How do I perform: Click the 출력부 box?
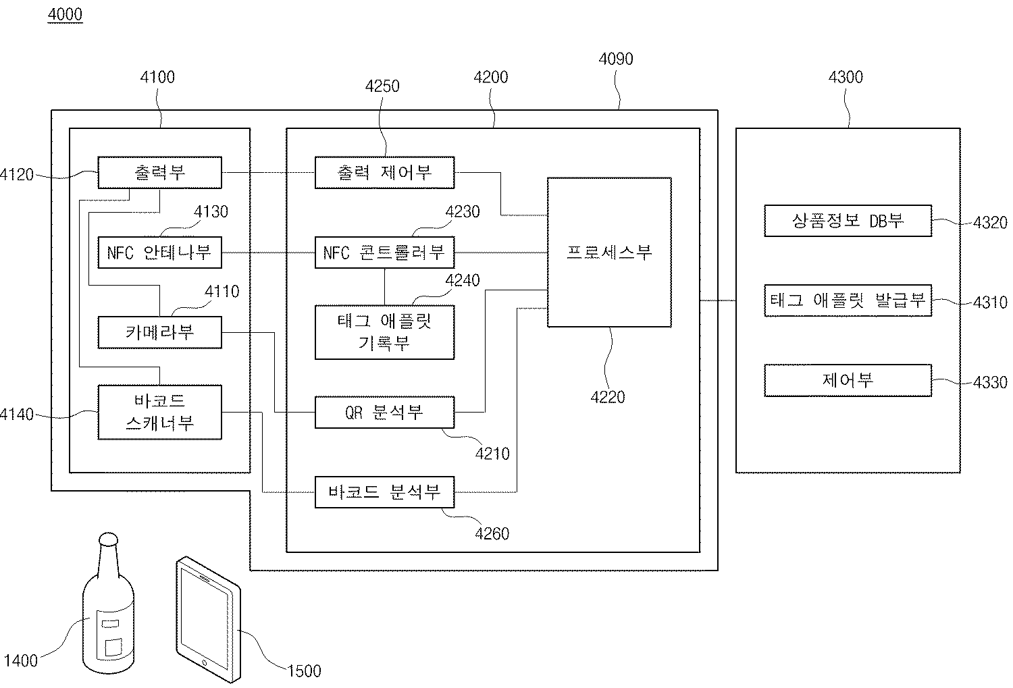coord(159,173)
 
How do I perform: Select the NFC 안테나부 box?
coord(159,253)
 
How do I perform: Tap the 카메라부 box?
coord(159,332)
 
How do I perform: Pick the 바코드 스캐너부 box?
coord(159,412)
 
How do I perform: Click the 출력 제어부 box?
coord(384,173)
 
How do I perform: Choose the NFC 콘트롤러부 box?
coord(384,253)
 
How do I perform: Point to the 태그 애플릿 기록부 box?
coord(384,332)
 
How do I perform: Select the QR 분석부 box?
coord(384,412)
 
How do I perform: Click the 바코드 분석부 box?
coord(384,492)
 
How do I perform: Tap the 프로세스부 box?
coord(609,253)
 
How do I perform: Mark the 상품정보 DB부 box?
coord(848,221)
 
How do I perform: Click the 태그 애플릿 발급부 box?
coord(848,300)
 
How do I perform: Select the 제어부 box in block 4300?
coord(848,380)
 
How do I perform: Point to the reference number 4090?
coord(616,59)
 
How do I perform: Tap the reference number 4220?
coord(608,397)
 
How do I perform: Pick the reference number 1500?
coord(304,670)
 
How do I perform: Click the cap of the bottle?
coord(108,539)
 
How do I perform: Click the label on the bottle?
coord(109,635)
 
